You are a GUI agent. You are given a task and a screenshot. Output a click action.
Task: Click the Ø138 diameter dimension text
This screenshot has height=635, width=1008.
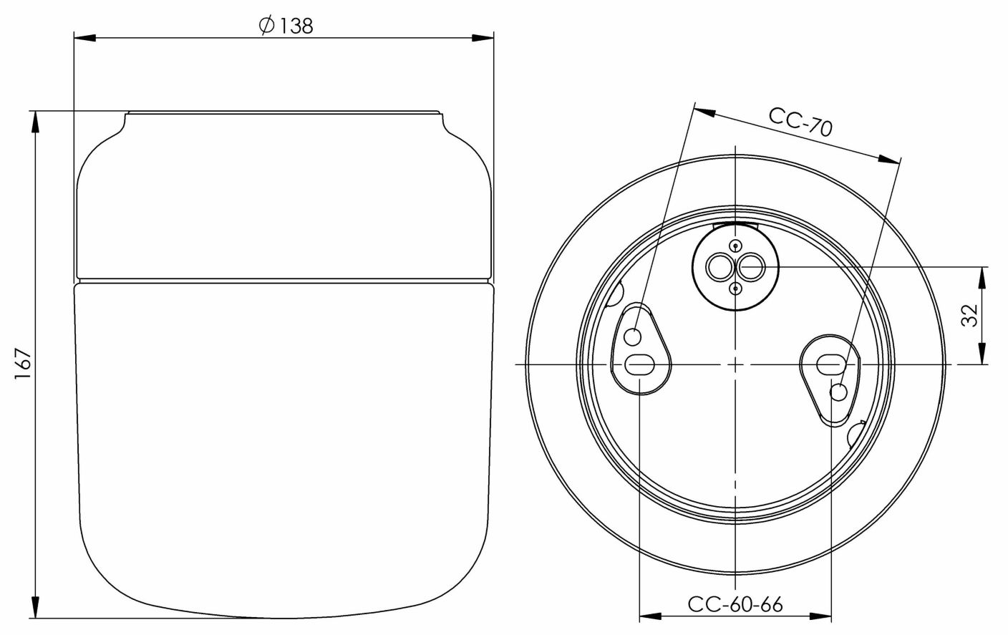285,26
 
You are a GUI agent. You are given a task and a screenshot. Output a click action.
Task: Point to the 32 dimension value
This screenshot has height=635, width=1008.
969,315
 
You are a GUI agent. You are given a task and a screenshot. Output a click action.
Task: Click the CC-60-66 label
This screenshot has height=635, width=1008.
735,604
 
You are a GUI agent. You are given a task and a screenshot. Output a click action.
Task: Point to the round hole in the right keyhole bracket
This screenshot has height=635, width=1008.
838,392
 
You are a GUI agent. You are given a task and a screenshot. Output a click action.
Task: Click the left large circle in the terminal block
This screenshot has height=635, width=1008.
718,268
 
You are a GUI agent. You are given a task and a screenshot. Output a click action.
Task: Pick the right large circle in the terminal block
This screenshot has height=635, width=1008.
750,268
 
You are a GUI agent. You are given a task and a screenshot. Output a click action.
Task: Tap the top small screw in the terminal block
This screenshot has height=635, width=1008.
735,247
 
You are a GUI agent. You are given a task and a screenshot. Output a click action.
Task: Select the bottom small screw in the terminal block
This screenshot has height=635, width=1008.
735,289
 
